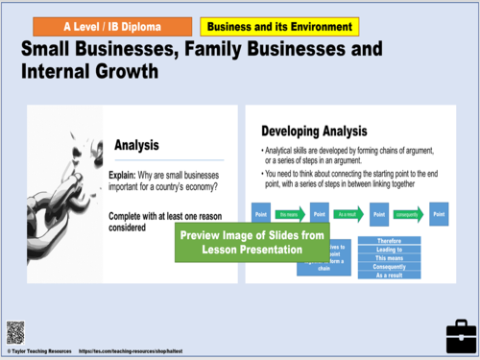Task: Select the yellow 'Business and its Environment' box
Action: point(279,27)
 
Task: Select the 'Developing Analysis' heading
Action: point(322,131)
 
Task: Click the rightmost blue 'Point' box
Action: point(440,215)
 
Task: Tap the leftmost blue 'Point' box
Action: point(260,215)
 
